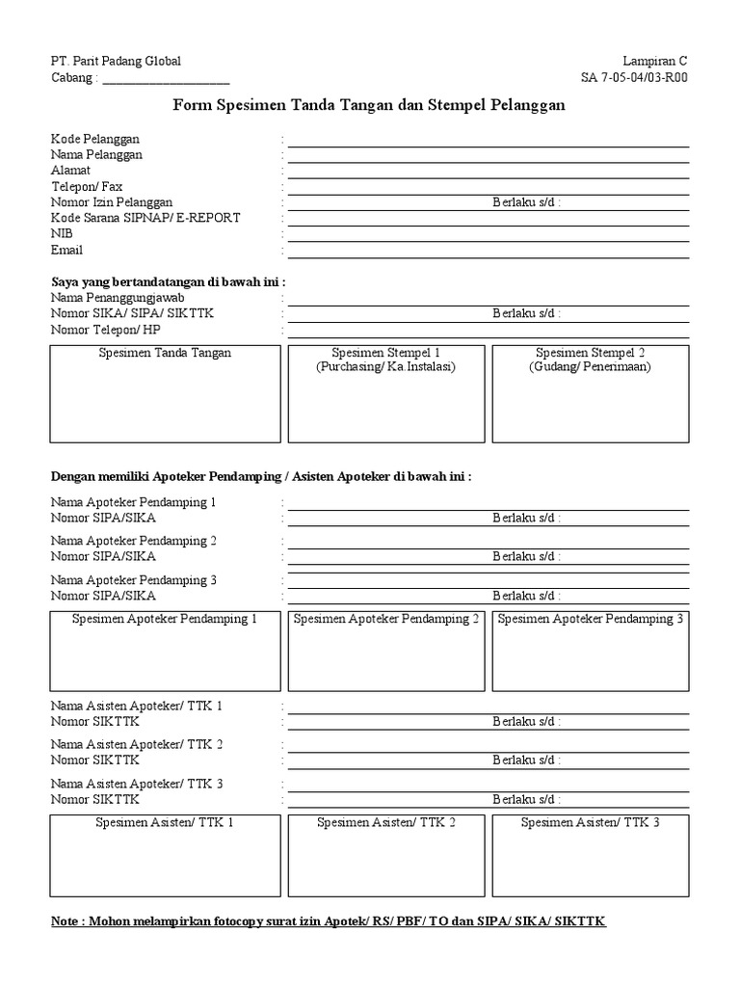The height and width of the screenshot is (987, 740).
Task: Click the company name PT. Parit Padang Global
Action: [x=116, y=61]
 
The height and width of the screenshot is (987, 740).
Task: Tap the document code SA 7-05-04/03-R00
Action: [x=634, y=78]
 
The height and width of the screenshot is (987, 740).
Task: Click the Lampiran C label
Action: [x=655, y=61]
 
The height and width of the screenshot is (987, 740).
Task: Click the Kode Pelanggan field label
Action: [x=95, y=140]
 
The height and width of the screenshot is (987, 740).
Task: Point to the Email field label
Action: [x=66, y=251]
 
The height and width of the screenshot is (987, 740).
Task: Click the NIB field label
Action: [x=62, y=234]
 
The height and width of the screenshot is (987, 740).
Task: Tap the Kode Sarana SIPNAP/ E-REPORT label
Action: [x=145, y=218]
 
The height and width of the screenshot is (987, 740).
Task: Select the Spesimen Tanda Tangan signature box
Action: [x=165, y=395]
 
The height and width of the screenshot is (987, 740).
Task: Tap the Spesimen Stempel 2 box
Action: [x=590, y=395]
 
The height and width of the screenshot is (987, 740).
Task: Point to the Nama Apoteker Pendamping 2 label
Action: [x=134, y=541]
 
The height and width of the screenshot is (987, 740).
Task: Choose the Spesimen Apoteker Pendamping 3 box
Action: [x=590, y=651]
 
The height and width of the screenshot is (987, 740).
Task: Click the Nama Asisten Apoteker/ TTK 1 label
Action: [x=137, y=707]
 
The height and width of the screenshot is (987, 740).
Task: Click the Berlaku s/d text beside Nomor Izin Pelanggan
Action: [x=527, y=202]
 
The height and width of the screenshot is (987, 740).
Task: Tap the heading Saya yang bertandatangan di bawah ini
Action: [x=168, y=281]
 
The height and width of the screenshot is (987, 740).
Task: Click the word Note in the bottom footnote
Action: [x=66, y=922]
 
